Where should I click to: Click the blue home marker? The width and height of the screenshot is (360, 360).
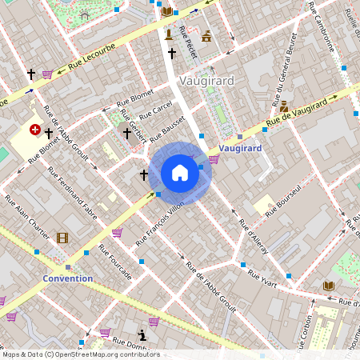click(180, 173)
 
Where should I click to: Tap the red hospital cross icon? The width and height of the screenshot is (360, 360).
click(35, 129)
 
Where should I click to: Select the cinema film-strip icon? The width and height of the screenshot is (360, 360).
click(62, 238)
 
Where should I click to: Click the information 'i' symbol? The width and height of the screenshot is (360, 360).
click(142, 334)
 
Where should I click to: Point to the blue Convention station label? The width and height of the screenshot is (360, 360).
click(67, 278)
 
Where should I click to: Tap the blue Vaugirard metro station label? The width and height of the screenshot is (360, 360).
click(240, 148)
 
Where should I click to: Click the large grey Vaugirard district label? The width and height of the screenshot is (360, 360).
click(206, 81)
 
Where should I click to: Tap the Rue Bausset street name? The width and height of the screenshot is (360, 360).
click(166, 126)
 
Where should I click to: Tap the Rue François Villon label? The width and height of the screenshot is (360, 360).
click(159, 223)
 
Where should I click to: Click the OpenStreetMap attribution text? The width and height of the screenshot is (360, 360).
click(80, 354)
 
